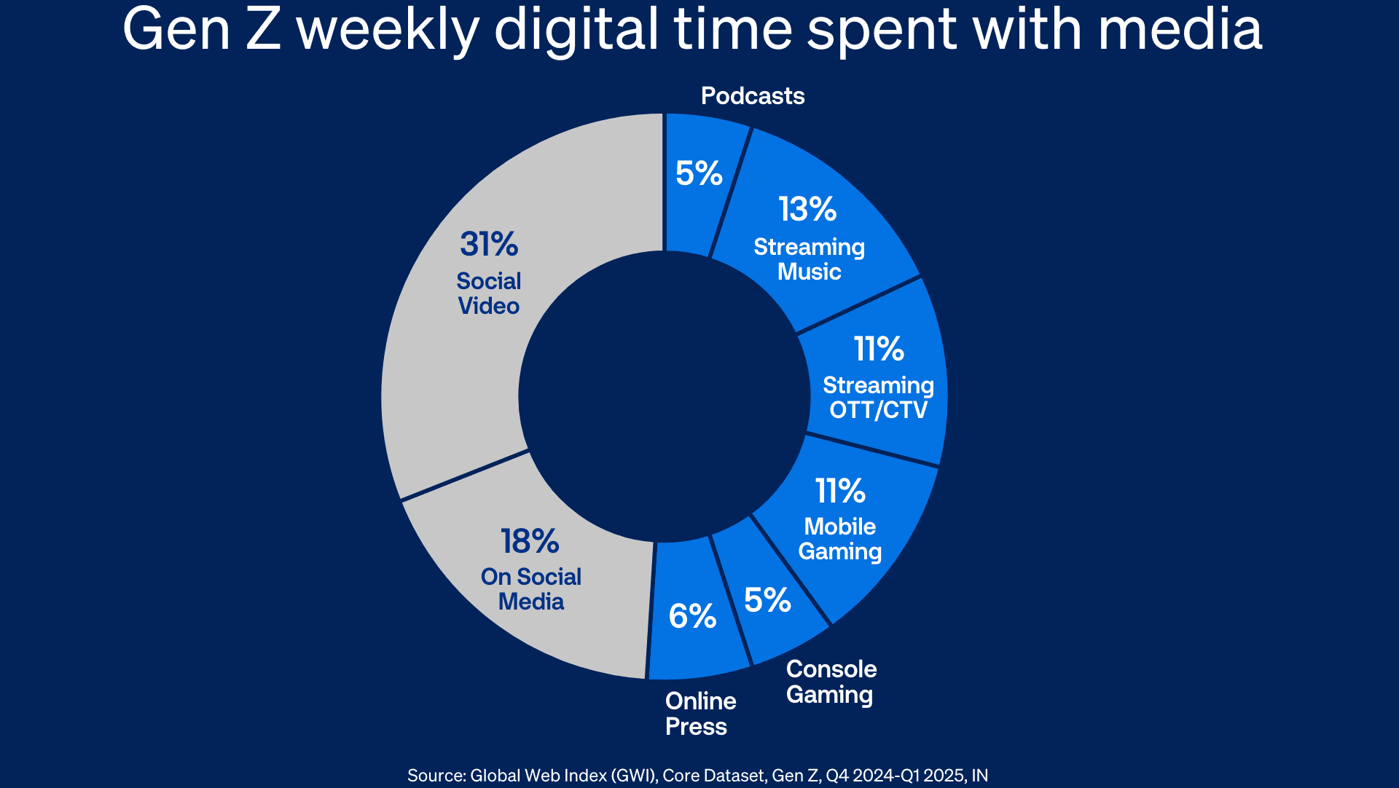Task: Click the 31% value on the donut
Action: pos(488,245)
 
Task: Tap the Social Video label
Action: pos(488,293)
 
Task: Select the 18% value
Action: pos(530,542)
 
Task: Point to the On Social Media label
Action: pos(530,589)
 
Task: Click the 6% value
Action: pos(692,617)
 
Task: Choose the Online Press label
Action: pos(700,714)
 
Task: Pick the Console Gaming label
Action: pos(831,682)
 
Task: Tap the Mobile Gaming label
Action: pos(839,539)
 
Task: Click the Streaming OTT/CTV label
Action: pos(878,398)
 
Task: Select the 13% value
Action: pos(807,210)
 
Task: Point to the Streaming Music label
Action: pos(809,259)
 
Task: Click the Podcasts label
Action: pos(753,96)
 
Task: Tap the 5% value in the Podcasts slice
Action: pos(699,173)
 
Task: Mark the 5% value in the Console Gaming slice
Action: pos(767,601)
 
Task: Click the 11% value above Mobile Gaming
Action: pos(840,492)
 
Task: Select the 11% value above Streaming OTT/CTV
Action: pos(879,350)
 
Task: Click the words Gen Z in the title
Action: pos(202,31)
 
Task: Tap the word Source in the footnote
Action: pos(436,776)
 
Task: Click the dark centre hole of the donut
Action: pos(664,396)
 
